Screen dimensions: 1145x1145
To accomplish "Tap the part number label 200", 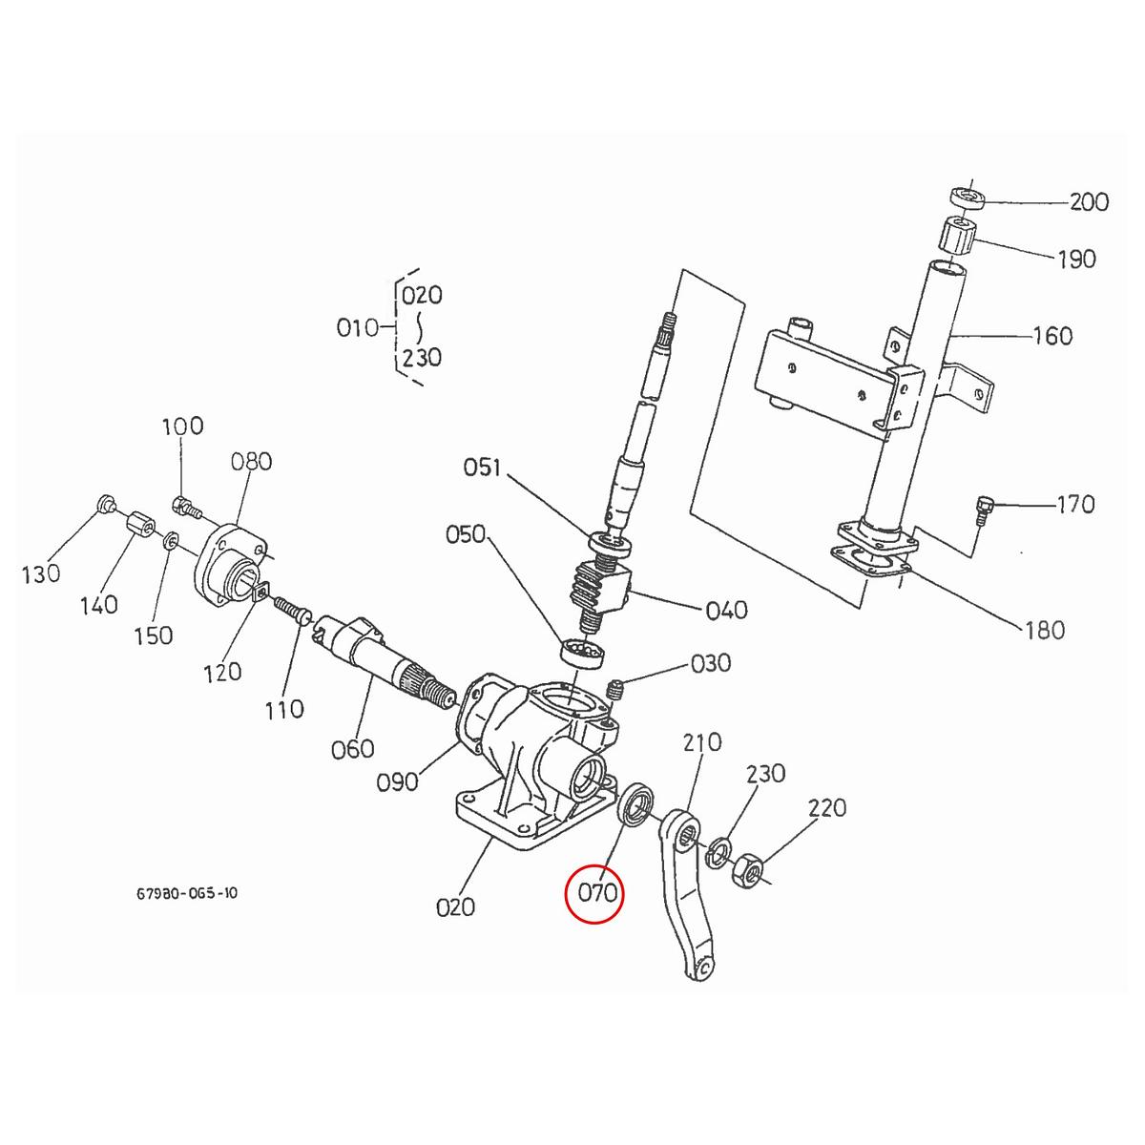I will coord(1089,202).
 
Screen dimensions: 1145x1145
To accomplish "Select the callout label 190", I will coord(1076,260).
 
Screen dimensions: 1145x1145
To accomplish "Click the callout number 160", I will coord(1052,336).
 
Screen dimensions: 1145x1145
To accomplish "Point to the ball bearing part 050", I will coord(581,654).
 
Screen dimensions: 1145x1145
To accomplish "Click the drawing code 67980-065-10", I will coord(187,894).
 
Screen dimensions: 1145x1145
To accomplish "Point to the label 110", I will coord(284,709).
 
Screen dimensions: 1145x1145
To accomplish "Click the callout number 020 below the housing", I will coord(455,906).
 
